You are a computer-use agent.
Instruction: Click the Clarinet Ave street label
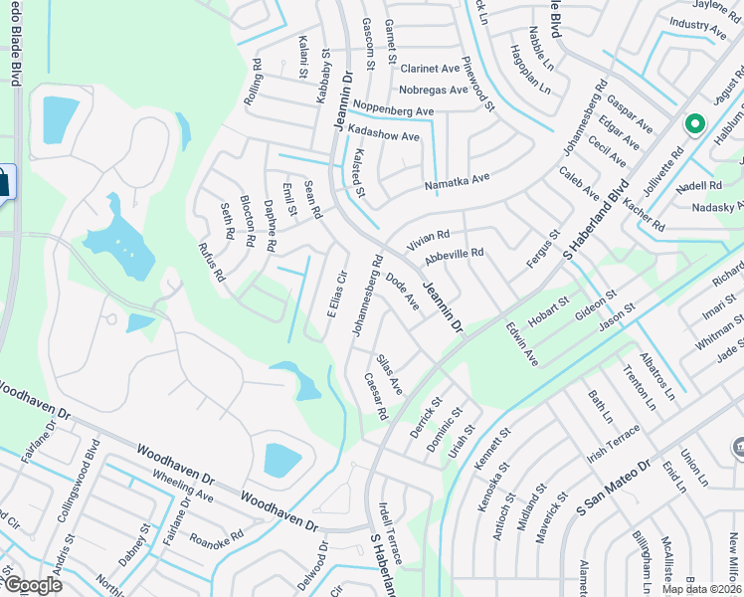tap(430, 69)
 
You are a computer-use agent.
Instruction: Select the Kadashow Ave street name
tap(382, 134)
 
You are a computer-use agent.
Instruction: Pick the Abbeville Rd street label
tap(454, 257)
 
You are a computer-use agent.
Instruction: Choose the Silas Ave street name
tap(389, 373)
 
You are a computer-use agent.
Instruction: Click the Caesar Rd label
tap(374, 394)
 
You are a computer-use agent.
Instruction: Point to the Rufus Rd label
tap(209, 264)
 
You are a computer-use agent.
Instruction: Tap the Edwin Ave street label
tap(520, 343)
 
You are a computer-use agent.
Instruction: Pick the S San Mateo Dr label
tap(614, 488)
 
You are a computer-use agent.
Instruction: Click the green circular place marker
tap(693, 125)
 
